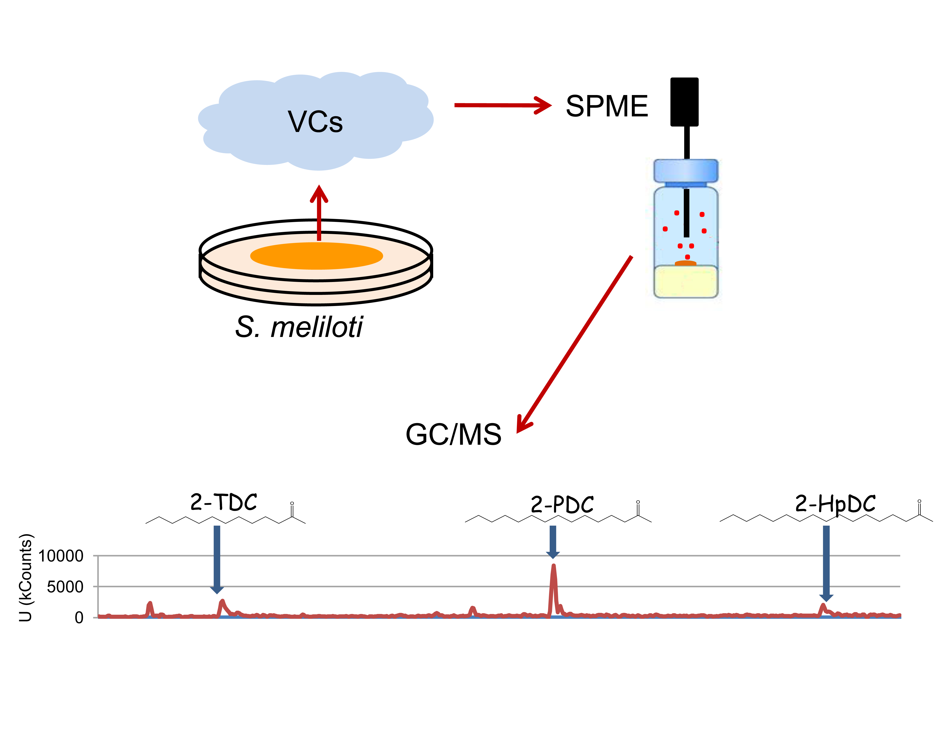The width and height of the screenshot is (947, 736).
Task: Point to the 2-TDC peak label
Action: [224, 502]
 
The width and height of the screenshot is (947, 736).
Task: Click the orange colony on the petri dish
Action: [316, 255]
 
